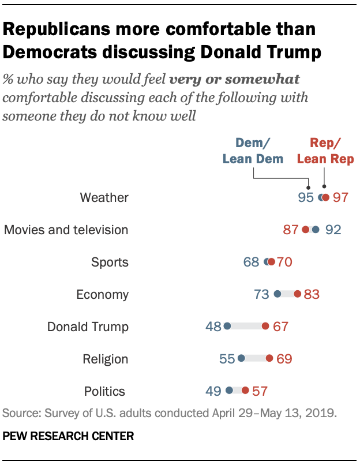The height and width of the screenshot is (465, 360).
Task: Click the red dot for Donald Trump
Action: coord(265,327)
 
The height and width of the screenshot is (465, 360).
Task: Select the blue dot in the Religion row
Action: coord(241,359)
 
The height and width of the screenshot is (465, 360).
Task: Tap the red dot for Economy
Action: coord(297,294)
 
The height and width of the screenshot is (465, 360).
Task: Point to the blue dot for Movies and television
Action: coord(315,230)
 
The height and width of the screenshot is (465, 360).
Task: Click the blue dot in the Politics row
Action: coord(230,391)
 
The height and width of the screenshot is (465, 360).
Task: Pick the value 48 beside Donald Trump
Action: coord(213,327)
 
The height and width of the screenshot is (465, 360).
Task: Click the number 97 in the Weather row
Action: coord(341,197)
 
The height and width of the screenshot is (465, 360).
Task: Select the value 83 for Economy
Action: coord(312,294)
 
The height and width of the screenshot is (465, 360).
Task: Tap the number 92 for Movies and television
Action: coord(333,230)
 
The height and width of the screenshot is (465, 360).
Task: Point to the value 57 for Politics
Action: coord(260,391)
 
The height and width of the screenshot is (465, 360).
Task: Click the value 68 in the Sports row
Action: coord(251,262)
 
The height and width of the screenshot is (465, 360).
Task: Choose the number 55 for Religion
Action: coord(227,359)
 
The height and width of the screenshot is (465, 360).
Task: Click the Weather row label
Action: coord(104,197)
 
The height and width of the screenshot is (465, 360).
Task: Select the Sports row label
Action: coord(110,262)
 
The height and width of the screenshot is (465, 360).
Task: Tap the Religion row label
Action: coord(105,359)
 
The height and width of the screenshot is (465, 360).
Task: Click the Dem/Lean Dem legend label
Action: coord(253,151)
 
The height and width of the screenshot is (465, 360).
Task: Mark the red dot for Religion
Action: coord(269,359)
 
